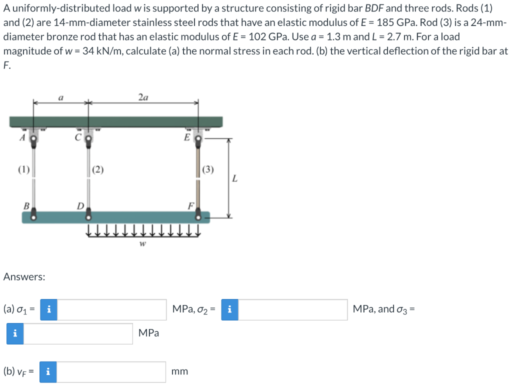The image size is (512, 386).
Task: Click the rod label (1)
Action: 23,169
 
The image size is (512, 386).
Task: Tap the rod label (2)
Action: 98,169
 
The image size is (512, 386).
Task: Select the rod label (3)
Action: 208,169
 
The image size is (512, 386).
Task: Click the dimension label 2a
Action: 143,97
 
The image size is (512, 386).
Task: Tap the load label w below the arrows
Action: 143,244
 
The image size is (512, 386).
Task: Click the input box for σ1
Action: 112,309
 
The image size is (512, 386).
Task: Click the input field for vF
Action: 112,372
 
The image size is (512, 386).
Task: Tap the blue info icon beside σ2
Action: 229,309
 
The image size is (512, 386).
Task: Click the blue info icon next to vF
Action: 48,372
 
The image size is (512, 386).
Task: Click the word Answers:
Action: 24,276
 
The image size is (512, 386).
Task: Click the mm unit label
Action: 179,371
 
